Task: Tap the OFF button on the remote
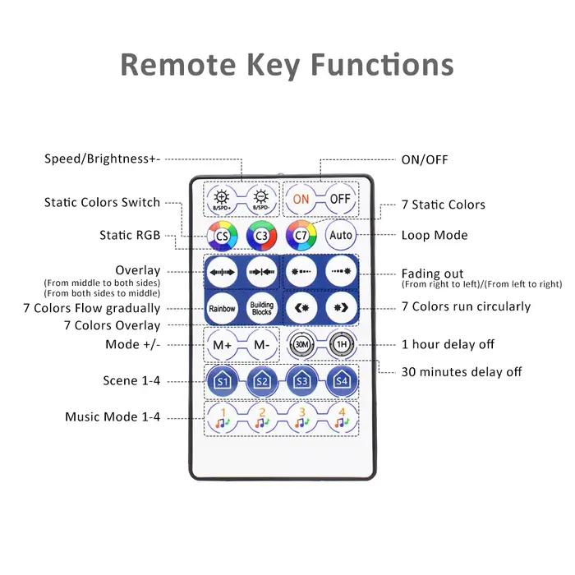(x=340, y=199)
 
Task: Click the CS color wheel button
(x=223, y=236)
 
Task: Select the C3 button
(x=261, y=236)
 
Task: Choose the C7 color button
(x=301, y=236)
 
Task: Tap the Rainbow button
(x=223, y=308)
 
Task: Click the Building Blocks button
(x=261, y=308)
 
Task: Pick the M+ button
(x=223, y=345)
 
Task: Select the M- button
(x=261, y=345)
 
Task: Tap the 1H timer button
(x=342, y=345)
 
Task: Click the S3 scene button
(x=301, y=381)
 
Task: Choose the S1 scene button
(x=223, y=381)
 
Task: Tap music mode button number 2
(x=262, y=418)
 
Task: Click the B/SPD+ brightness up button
(x=222, y=200)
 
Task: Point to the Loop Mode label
(x=435, y=235)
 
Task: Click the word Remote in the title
(x=178, y=65)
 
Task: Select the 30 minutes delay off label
(x=462, y=372)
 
